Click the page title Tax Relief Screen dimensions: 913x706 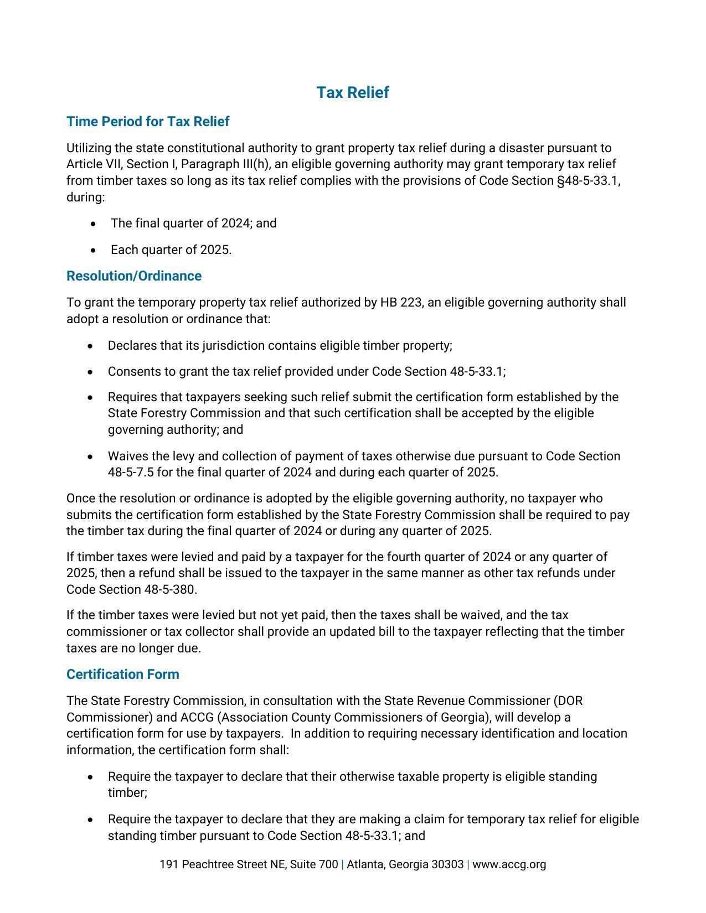tap(353, 92)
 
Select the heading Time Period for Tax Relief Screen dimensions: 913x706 tap(147, 122)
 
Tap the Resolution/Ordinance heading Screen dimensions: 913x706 tap(133, 276)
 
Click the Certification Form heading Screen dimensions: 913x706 tap(122, 675)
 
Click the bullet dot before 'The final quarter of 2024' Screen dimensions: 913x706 tap(94, 224)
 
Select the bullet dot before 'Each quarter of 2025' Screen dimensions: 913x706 tap(94, 251)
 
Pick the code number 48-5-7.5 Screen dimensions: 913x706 tap(131, 473)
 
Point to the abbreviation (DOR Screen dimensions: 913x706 tap(568, 701)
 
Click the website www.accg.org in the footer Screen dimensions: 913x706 tap(509, 865)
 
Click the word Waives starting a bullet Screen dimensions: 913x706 tap(126, 456)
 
